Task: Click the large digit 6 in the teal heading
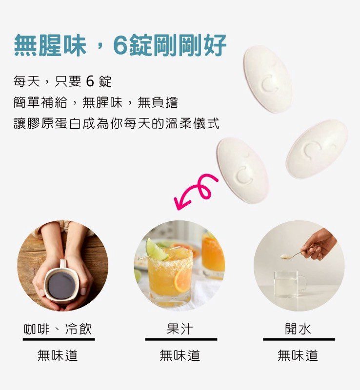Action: pos(120,45)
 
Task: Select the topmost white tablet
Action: pos(268,79)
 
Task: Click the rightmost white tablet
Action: pos(317,149)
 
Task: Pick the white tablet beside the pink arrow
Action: pos(242,170)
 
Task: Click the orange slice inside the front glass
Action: pos(181,281)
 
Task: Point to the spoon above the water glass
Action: pos(292,255)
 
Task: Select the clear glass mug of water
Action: pos(289,284)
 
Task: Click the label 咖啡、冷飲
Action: pos(58,329)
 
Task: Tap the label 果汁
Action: pos(180,329)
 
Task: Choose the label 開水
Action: pos(298,329)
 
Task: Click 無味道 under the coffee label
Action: pos(58,355)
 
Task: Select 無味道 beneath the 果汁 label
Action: pos(180,355)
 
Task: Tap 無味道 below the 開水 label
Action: pos(298,355)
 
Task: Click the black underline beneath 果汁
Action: pos(181,339)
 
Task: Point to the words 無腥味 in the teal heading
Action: pos(50,45)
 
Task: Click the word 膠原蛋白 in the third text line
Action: pos(54,123)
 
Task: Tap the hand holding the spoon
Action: pos(320,245)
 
